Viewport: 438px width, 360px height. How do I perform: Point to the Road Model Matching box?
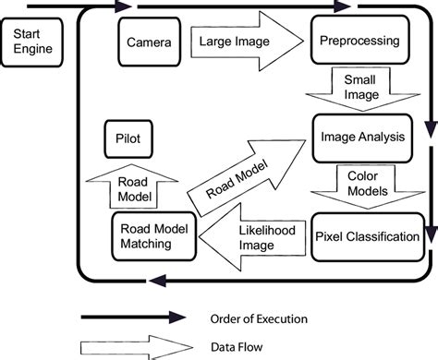click(x=153, y=236)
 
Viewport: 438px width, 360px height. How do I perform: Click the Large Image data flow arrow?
click(x=244, y=41)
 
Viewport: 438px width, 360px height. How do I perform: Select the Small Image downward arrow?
click(x=360, y=89)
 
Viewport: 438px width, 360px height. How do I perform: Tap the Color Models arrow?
click(x=360, y=184)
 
